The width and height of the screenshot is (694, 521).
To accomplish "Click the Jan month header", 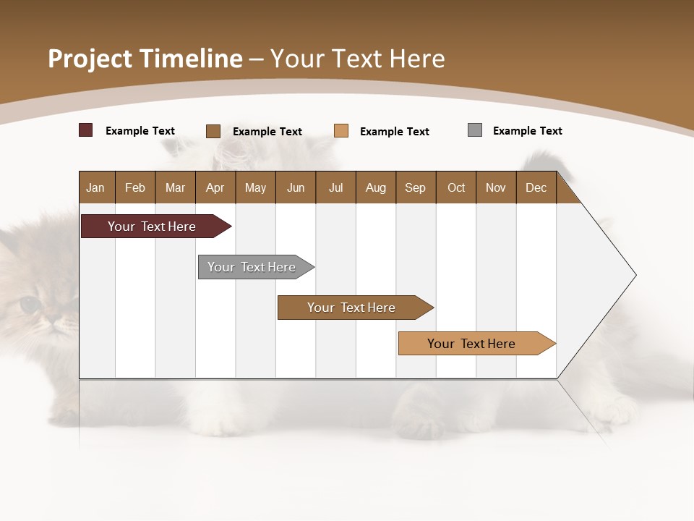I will click(x=95, y=187).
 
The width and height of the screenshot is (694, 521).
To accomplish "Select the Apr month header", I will click(x=215, y=187).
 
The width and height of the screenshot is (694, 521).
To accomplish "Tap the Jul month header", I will click(x=335, y=187).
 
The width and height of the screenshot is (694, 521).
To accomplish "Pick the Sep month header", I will click(x=415, y=187).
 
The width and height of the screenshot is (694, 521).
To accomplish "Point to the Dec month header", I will click(x=536, y=187).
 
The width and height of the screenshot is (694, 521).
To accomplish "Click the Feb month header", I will click(x=135, y=187).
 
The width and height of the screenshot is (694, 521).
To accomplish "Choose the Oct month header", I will click(x=456, y=187).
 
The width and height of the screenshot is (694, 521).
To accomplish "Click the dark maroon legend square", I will click(x=85, y=130).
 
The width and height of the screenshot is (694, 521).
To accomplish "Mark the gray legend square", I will click(x=475, y=130).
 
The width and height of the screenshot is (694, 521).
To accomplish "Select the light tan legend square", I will click(x=341, y=131).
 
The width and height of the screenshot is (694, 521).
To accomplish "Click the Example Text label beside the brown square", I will click(x=267, y=132).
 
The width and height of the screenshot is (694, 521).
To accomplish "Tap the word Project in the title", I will click(x=90, y=59).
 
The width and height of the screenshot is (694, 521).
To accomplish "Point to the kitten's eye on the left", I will click(x=30, y=305).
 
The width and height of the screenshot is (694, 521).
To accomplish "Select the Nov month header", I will click(x=496, y=187).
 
